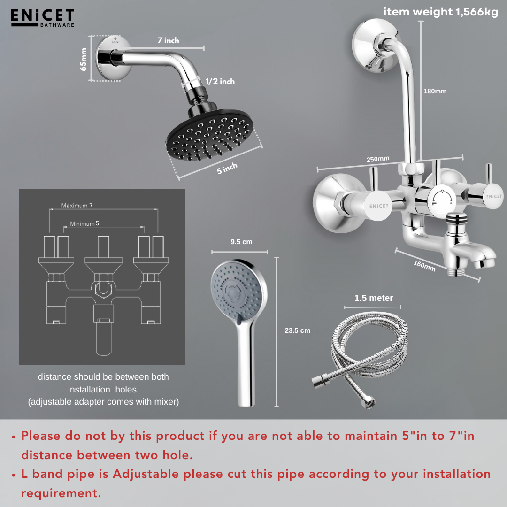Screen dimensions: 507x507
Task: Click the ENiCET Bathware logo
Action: [42, 18]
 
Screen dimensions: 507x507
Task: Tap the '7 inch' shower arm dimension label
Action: [168, 40]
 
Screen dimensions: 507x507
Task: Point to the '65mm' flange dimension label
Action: [84, 59]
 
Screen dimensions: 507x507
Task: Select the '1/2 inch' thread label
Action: [220, 81]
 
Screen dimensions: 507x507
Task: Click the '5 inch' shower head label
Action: [227, 168]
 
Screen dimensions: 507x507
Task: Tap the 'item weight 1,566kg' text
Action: [440, 12]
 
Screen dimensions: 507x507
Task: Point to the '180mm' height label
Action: [435, 91]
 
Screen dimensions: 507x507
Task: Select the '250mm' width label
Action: [377, 159]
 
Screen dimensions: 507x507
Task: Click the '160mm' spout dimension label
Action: [424, 266]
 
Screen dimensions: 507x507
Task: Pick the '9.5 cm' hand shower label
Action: [241, 242]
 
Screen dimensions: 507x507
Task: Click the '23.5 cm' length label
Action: [297, 330]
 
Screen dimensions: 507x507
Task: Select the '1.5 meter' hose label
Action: [374, 298]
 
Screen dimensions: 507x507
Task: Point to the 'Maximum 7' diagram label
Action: [77, 205]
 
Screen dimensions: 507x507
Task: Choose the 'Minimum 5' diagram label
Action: [84, 223]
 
